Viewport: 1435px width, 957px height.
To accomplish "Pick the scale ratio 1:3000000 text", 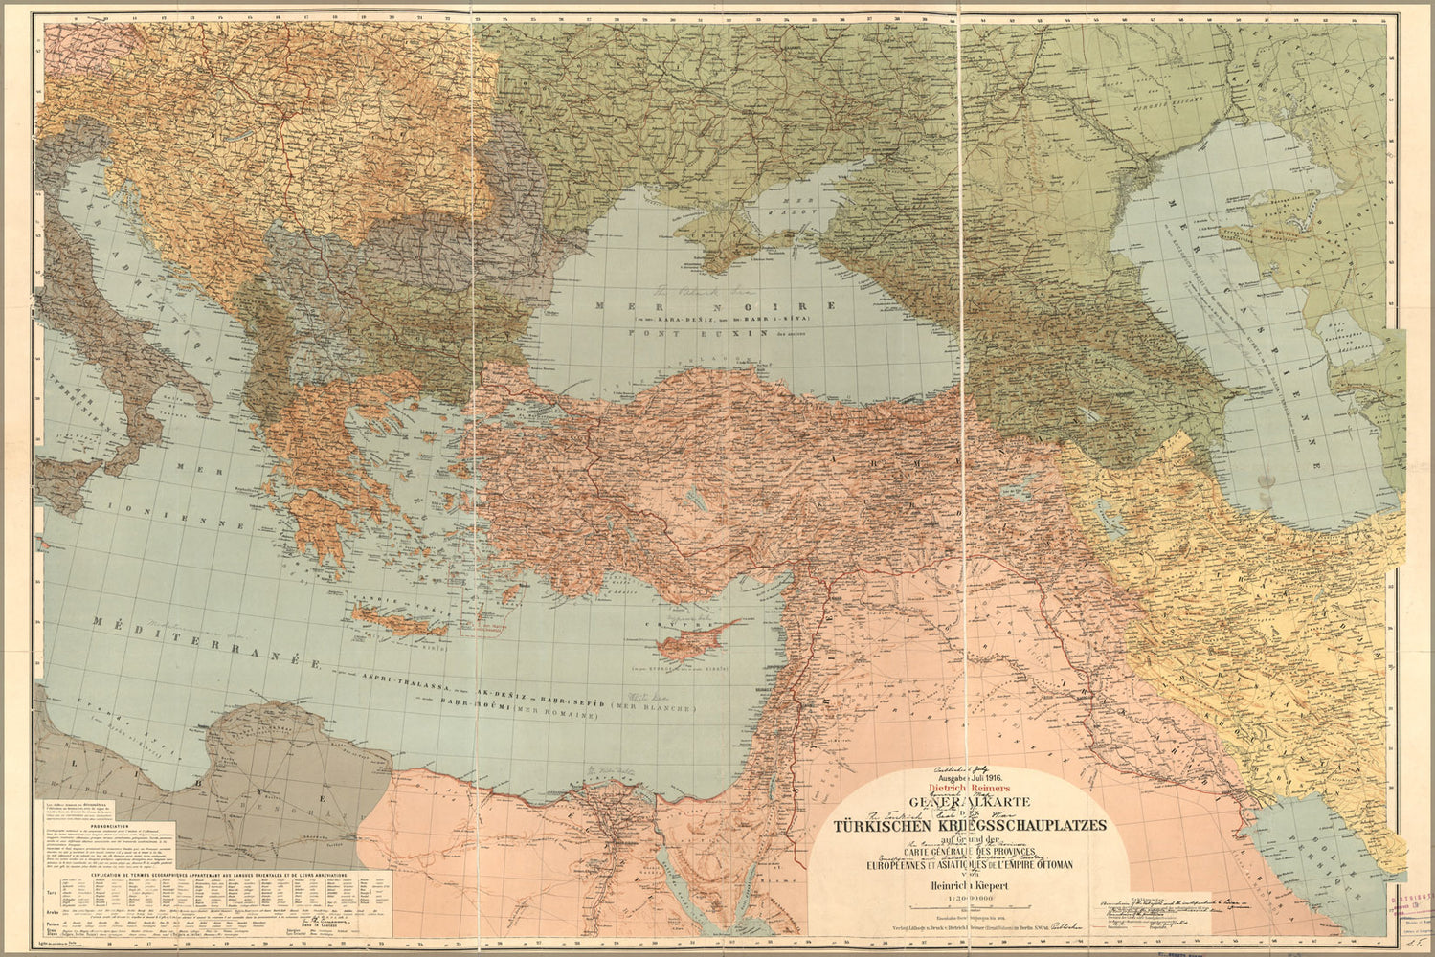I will (x=971, y=899).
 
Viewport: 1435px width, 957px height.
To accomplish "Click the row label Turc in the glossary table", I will (x=52, y=887).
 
